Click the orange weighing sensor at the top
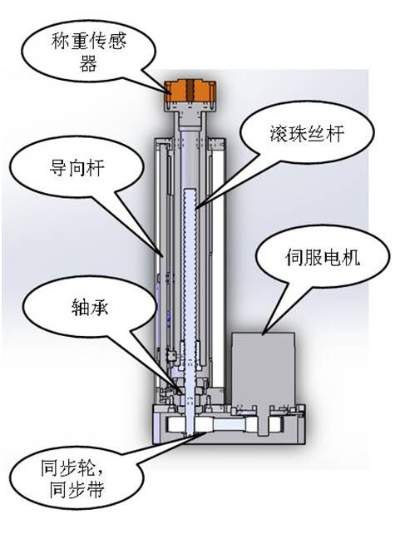click(x=190, y=91)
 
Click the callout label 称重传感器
click(x=88, y=52)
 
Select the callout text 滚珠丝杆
click(x=307, y=133)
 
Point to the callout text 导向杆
click(x=77, y=168)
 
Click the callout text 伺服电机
click(x=323, y=257)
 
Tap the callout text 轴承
click(x=90, y=308)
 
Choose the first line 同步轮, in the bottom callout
click(x=72, y=468)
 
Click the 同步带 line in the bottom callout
click(x=77, y=490)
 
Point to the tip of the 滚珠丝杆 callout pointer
click(x=195, y=210)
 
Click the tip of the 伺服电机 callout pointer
click(x=263, y=334)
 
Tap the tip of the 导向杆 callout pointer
click(x=163, y=257)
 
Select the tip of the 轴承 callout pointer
click(x=182, y=393)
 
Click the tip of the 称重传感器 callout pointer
click(x=171, y=94)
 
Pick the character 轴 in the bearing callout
click(x=80, y=308)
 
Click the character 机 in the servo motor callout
click(x=351, y=257)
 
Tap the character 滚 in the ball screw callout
click(x=279, y=133)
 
